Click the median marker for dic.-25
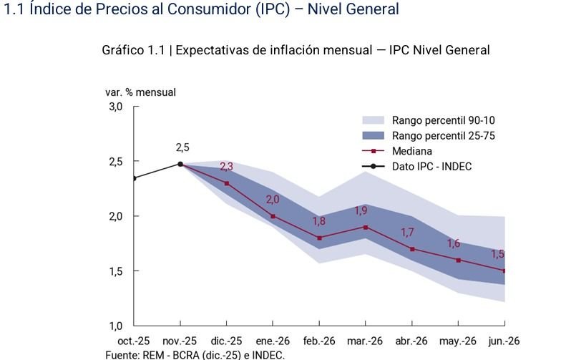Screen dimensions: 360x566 pyautogui.click(x=227, y=183)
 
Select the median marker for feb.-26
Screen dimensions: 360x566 pyautogui.click(x=319, y=238)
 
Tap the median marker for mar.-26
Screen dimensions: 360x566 pyautogui.click(x=366, y=227)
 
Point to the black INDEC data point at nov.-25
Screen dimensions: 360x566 pyautogui.click(x=180, y=164)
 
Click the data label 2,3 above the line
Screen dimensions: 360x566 pyautogui.click(x=226, y=167)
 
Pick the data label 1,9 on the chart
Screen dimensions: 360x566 pyautogui.click(x=361, y=210)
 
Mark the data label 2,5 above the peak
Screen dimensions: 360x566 pyautogui.click(x=182, y=147)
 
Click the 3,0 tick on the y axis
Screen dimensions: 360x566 pyautogui.click(x=116, y=107)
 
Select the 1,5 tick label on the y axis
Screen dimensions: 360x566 pyautogui.click(x=116, y=271)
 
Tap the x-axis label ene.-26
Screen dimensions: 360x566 pyautogui.click(x=273, y=341)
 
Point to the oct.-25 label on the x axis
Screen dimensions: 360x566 pyautogui.click(x=135, y=341)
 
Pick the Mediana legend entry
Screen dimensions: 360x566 pyautogui.click(x=411, y=151)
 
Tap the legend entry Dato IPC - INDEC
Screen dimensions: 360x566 pyautogui.click(x=431, y=166)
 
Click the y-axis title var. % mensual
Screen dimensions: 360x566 pyautogui.click(x=140, y=92)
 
